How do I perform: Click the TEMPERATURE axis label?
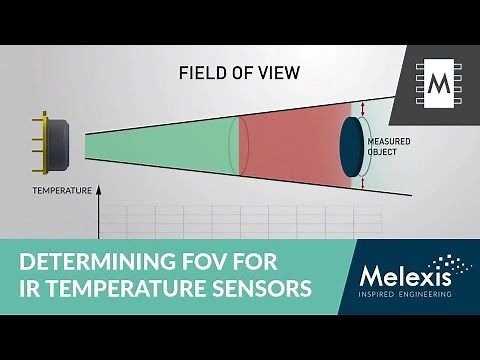(x=62, y=189)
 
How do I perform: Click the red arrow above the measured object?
(x=363, y=110)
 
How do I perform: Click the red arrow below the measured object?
(x=363, y=184)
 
